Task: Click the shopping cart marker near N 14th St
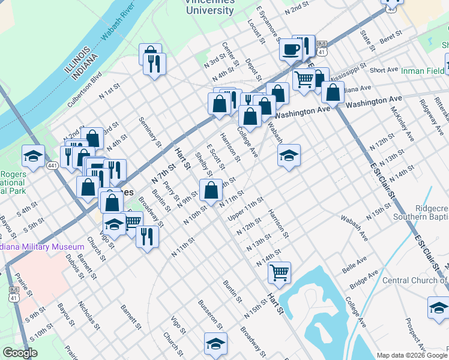(x=279, y=272)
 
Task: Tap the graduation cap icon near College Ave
(x=289, y=155)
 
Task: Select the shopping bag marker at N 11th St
(x=211, y=190)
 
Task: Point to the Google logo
(x=20, y=353)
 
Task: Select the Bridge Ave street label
(x=364, y=279)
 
